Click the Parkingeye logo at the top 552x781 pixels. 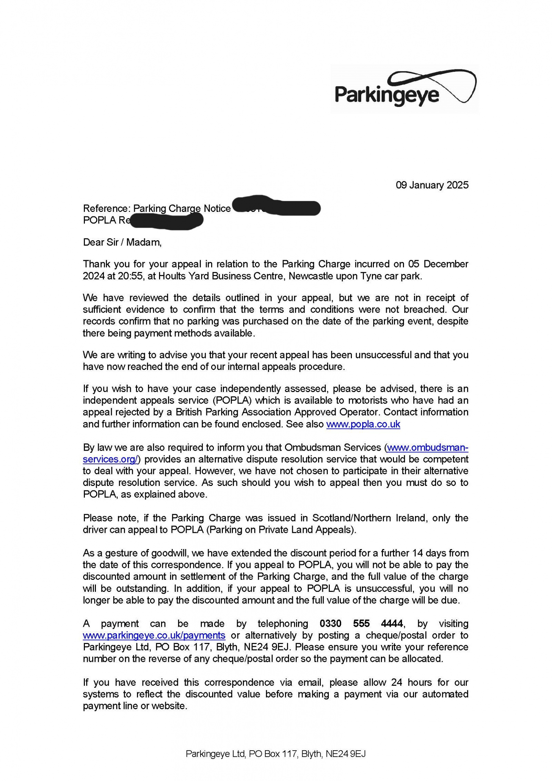pos(404,89)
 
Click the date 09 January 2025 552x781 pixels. pos(432,185)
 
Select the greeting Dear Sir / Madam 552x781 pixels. pos(122,242)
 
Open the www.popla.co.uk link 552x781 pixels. pos(363,424)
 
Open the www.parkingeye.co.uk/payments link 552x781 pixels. pos(154,635)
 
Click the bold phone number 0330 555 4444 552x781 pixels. pos(361,624)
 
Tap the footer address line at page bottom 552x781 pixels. pos(275,754)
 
